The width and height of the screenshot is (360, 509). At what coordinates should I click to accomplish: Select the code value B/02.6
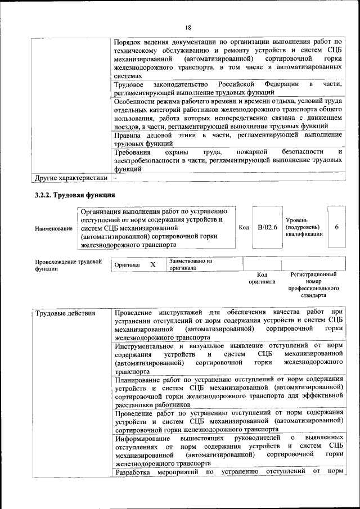(268, 227)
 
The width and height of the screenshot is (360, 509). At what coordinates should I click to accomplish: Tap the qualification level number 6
(336, 227)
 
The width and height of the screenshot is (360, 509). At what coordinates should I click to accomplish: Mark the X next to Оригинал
(152, 264)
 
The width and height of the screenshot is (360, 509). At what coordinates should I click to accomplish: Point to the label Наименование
(53, 228)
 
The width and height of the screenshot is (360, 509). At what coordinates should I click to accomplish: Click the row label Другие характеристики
(70, 178)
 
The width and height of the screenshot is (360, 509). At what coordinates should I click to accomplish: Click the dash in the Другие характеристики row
(116, 178)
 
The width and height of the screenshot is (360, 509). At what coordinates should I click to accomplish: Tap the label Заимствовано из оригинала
(190, 264)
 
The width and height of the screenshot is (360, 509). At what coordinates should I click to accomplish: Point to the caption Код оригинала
(262, 278)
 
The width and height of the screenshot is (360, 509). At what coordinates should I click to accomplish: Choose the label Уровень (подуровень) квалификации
(304, 227)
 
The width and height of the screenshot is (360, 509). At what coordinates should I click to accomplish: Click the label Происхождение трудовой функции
(68, 265)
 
